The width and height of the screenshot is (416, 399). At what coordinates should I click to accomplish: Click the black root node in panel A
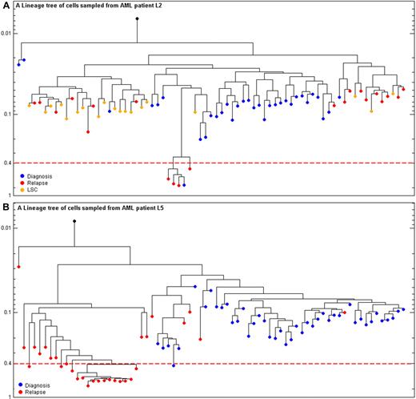click(137, 18)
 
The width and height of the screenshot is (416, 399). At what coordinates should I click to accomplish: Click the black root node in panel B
click(74, 221)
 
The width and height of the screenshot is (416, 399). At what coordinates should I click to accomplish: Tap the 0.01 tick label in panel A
click(7, 33)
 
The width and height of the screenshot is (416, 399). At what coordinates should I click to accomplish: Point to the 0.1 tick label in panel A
click(9, 114)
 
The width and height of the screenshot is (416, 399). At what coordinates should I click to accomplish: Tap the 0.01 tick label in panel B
click(7, 228)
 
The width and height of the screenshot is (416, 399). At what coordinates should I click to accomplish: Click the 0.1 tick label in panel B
click(9, 312)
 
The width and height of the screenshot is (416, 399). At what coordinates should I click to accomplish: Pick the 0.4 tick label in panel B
click(9, 363)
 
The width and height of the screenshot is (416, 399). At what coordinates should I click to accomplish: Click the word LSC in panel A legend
click(36, 190)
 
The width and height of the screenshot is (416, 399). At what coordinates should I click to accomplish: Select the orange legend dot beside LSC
click(22, 190)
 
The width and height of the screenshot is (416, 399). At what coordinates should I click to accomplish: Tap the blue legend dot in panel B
click(22, 386)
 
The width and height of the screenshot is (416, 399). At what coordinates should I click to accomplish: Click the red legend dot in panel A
click(22, 183)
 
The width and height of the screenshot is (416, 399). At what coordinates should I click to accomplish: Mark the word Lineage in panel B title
click(35, 207)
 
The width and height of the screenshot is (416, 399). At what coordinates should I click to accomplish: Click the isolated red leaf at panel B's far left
click(18, 266)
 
